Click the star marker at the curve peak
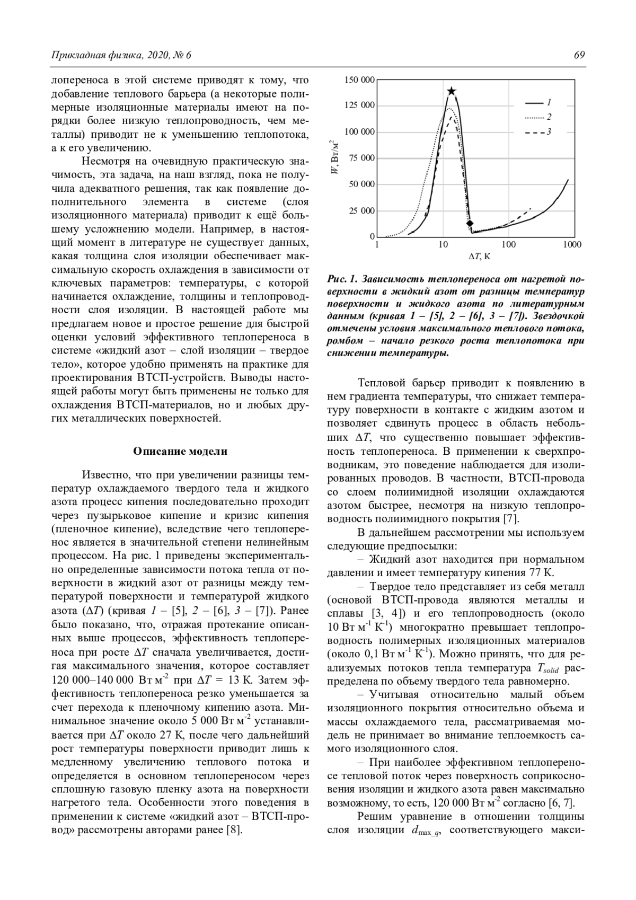tap(451, 91)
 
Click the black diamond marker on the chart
tap(470, 223)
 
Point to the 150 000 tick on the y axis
tap(359, 80)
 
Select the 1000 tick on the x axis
tap(572, 245)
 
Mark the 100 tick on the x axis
tap(508, 245)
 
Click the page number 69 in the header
tap(579, 55)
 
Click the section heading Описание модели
tap(180, 452)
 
